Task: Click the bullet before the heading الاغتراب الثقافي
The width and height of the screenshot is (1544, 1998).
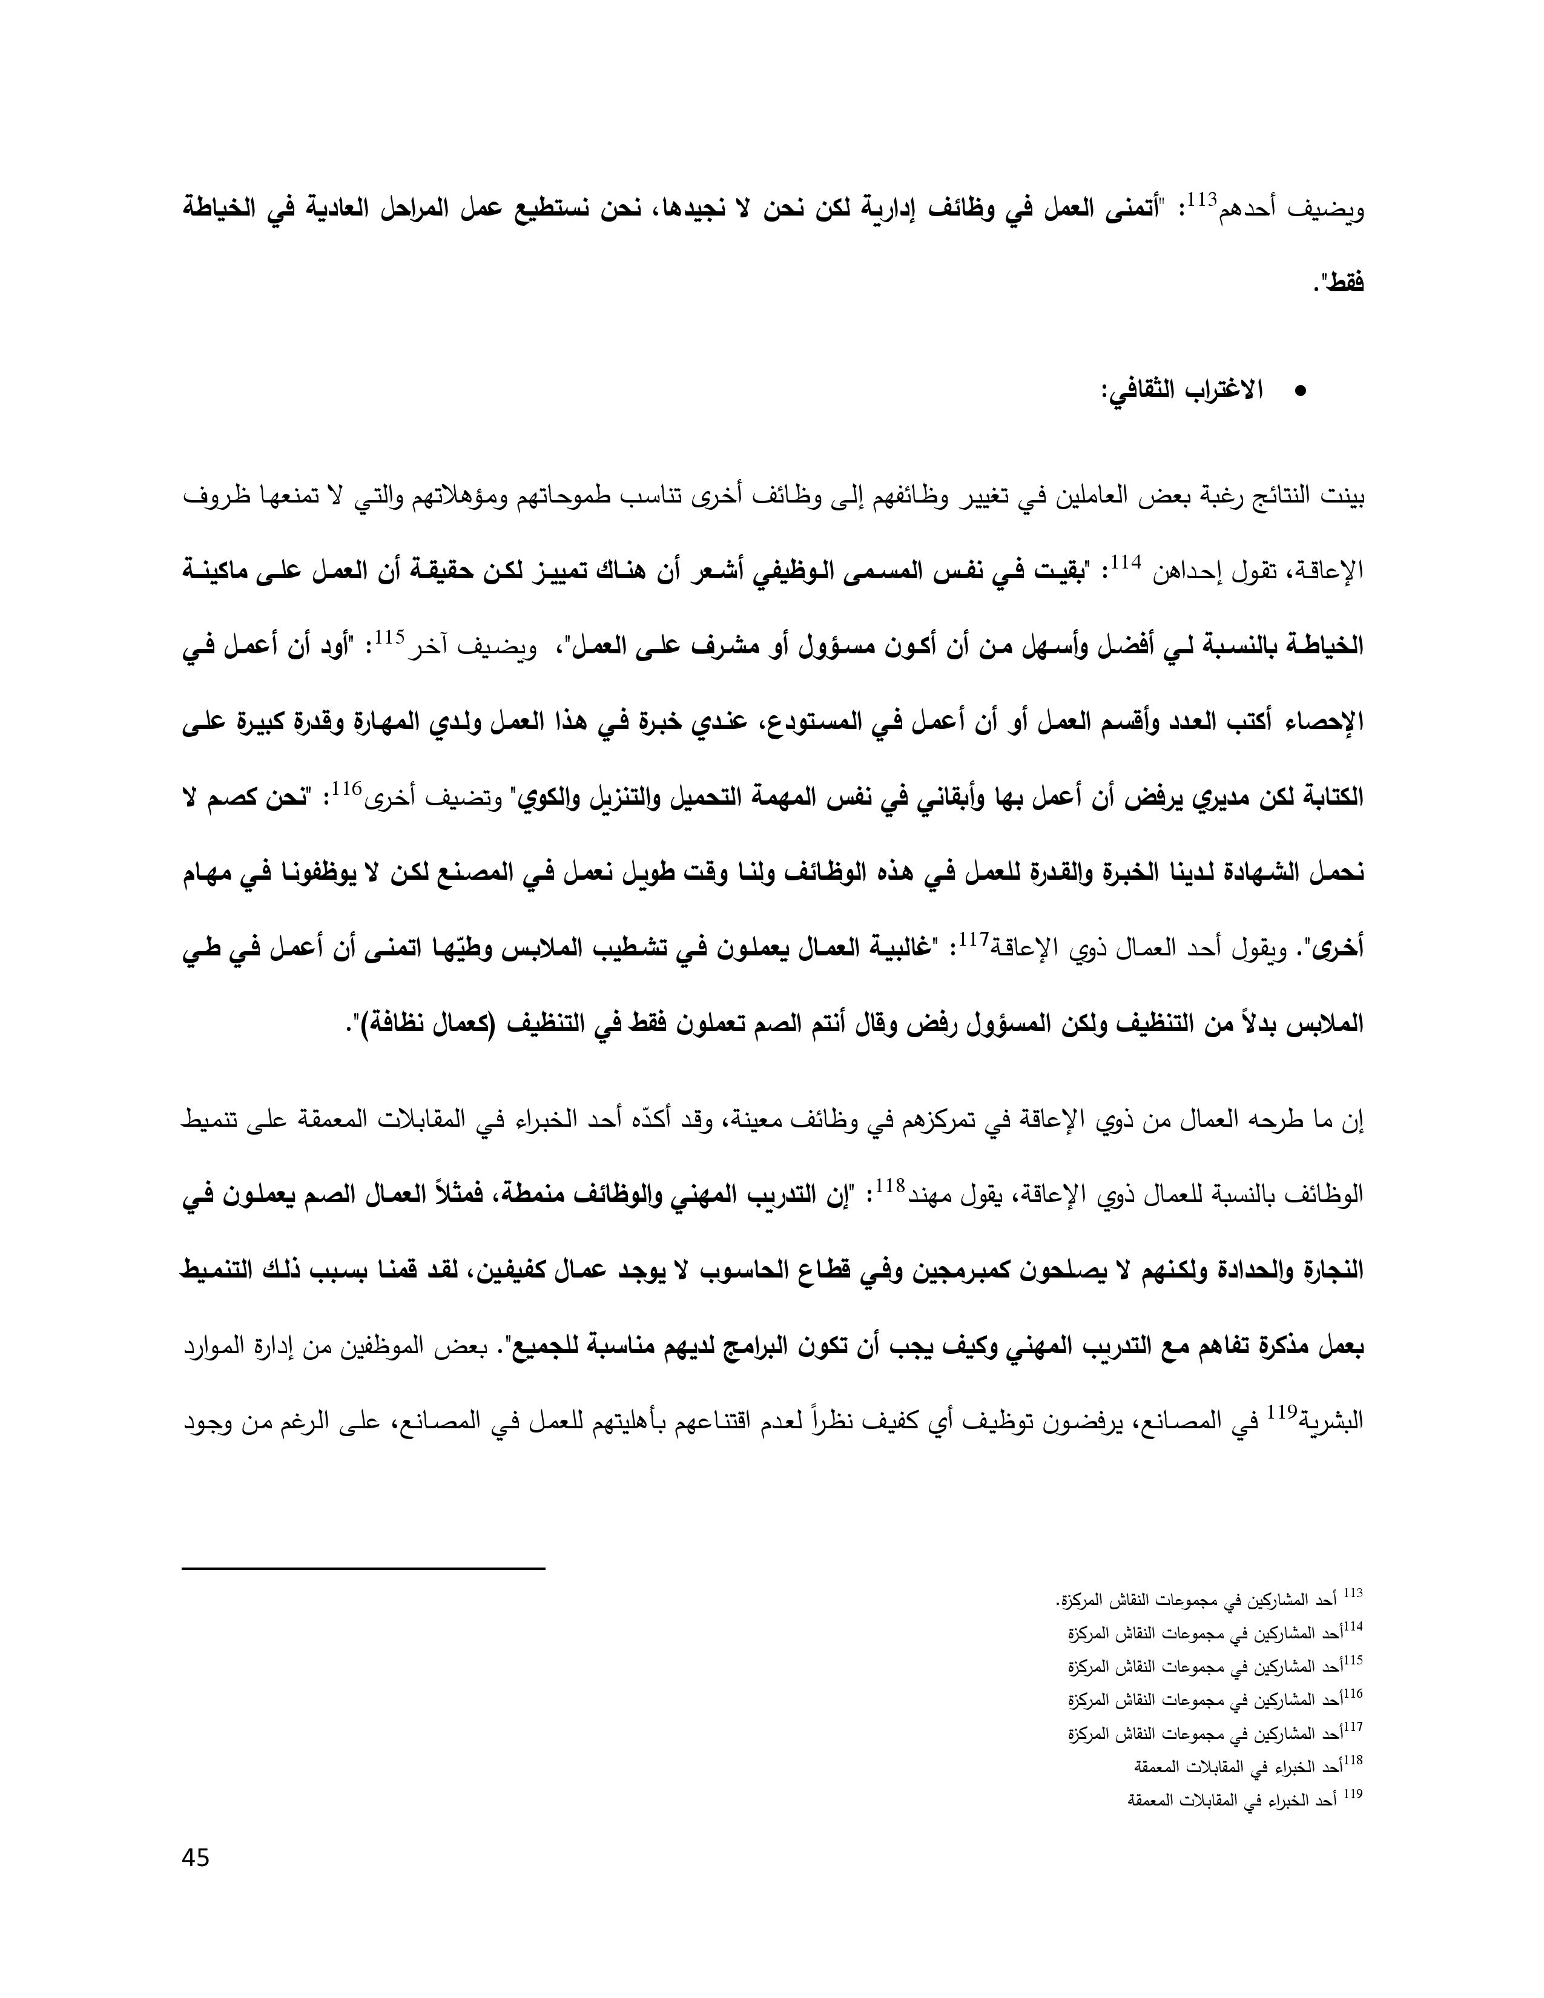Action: click(x=1300, y=392)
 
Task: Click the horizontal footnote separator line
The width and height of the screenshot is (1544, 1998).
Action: click(x=363, y=1570)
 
